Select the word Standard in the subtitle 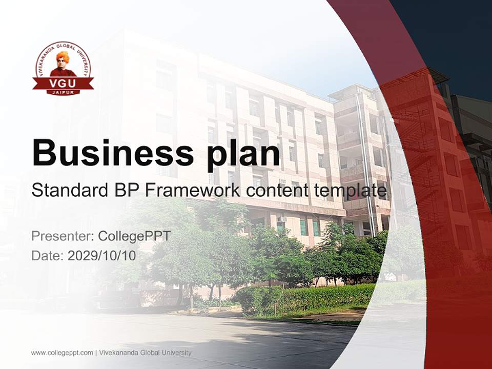coord(68,191)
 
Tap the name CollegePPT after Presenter coord(134,236)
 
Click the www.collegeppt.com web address coord(62,353)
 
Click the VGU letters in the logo coord(63,83)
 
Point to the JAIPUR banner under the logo coord(63,92)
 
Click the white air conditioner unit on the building coord(281,219)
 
